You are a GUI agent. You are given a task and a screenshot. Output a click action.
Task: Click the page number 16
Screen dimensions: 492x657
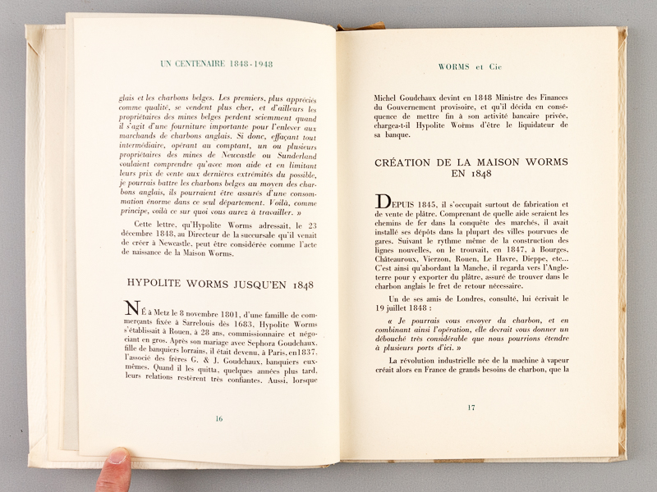coord(218,418)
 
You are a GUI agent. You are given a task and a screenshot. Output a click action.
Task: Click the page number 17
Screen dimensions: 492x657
coord(471,408)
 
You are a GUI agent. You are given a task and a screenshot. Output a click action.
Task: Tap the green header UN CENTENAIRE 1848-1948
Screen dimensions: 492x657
coord(217,63)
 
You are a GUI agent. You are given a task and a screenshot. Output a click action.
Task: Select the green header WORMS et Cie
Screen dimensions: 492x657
coord(471,67)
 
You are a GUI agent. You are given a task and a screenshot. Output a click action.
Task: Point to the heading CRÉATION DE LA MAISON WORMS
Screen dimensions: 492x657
coord(471,162)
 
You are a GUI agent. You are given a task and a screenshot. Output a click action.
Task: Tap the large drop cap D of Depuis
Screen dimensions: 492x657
coord(382,201)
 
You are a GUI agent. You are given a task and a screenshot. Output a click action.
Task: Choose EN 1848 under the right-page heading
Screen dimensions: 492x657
coord(471,175)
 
